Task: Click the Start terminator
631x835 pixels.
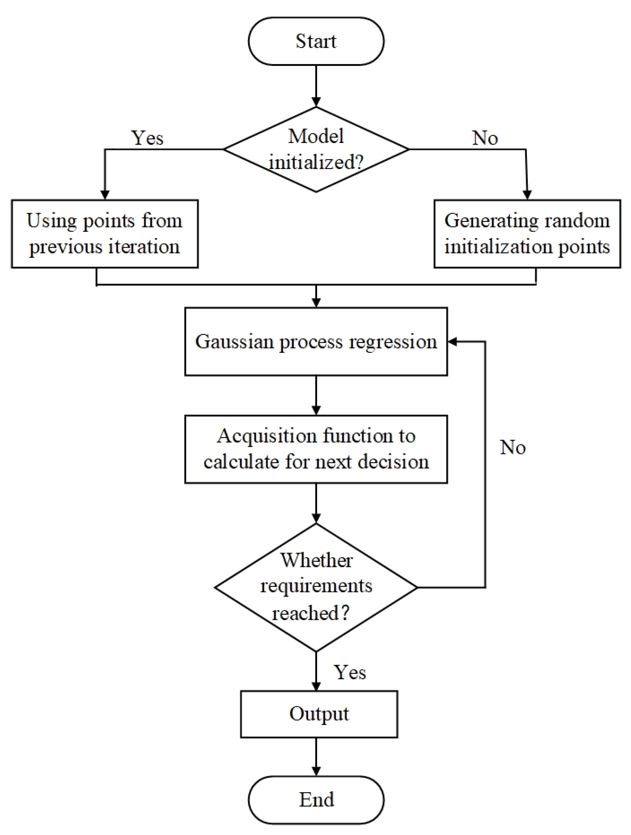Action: click(x=316, y=41)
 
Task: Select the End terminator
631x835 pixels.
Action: click(x=316, y=799)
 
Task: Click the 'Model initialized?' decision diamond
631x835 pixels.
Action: click(x=316, y=150)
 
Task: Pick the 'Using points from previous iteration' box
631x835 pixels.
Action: click(x=104, y=234)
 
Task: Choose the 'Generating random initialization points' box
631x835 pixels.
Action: click(x=527, y=234)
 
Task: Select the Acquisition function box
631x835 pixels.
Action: click(x=316, y=449)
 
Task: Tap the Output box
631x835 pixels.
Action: click(x=319, y=714)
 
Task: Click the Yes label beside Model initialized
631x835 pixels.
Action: click(x=147, y=138)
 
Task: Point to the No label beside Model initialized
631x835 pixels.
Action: click(x=485, y=138)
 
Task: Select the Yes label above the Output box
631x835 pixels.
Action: click(x=350, y=672)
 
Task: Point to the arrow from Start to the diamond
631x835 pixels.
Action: click(x=316, y=86)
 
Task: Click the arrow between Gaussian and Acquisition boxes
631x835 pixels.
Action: click(x=316, y=395)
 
